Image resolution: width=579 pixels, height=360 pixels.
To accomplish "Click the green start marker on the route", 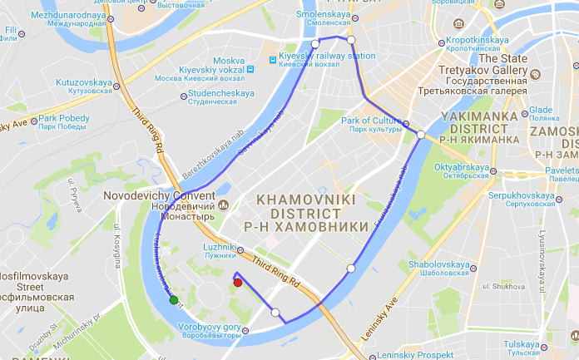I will click(x=174, y=300).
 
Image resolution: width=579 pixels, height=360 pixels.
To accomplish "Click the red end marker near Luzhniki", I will click(x=238, y=283).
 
